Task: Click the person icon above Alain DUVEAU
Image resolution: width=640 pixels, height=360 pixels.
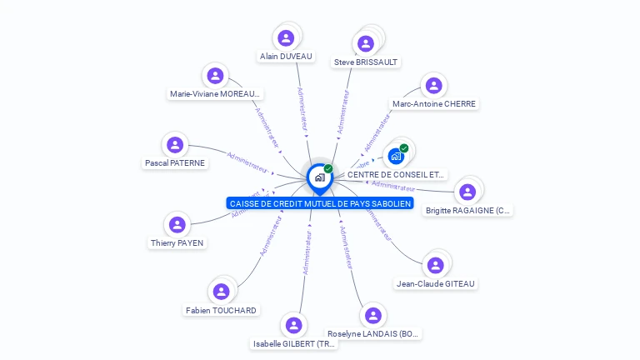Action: point(286,37)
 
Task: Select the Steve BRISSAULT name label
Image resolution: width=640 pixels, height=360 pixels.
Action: point(366,62)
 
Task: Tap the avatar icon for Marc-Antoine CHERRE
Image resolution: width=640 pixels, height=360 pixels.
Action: point(433,85)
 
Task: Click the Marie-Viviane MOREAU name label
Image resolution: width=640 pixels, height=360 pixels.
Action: point(216,94)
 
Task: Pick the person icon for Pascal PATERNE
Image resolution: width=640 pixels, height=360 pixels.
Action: point(175,145)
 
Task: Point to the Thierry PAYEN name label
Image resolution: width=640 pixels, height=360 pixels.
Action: point(177,243)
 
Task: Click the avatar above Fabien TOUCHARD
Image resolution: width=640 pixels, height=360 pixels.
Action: point(221,292)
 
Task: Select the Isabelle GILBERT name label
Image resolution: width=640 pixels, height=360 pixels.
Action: point(295,343)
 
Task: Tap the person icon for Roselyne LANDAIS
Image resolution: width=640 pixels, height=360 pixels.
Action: point(372,315)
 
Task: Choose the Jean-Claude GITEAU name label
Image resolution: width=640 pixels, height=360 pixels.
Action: point(436,284)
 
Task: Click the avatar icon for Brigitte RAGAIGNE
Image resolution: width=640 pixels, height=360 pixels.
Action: point(467,192)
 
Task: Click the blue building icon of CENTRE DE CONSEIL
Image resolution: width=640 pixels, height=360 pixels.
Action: point(396,156)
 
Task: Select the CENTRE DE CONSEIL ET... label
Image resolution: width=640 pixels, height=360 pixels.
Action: point(396,175)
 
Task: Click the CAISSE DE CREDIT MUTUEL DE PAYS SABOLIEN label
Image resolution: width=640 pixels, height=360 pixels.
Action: point(321,203)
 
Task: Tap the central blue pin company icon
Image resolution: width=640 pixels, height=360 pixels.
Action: point(319,177)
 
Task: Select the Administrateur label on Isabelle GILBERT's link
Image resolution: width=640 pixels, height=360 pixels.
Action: point(307,252)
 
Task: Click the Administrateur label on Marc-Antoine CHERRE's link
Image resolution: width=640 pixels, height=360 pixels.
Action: point(378,134)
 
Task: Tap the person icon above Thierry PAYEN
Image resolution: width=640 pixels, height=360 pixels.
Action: point(177,224)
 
